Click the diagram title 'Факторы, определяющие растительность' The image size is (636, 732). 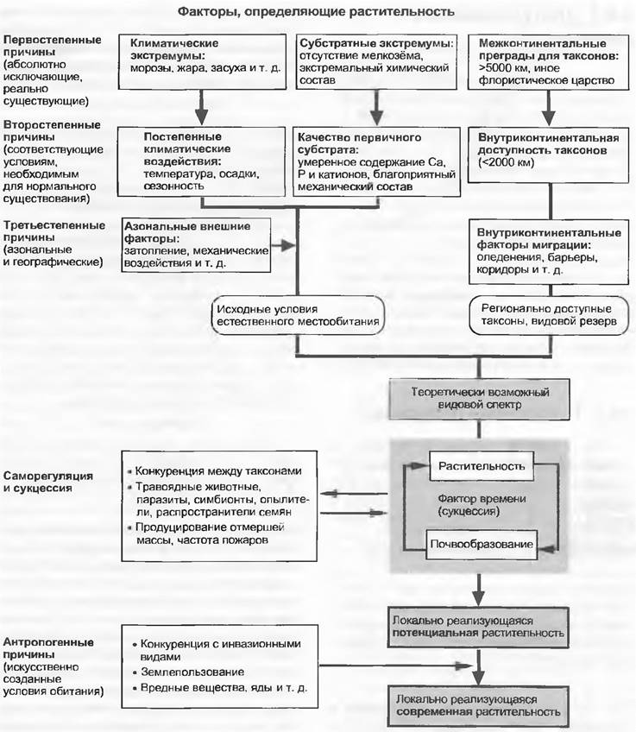click(316, 12)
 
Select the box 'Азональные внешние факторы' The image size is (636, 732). click(195, 245)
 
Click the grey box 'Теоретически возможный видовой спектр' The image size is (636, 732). click(478, 395)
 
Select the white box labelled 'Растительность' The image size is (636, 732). click(481, 466)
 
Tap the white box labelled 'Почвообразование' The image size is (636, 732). click(481, 545)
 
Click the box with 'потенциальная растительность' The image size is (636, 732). click(478, 626)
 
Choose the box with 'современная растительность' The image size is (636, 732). click(478, 705)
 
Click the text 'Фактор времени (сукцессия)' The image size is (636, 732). click(481, 504)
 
